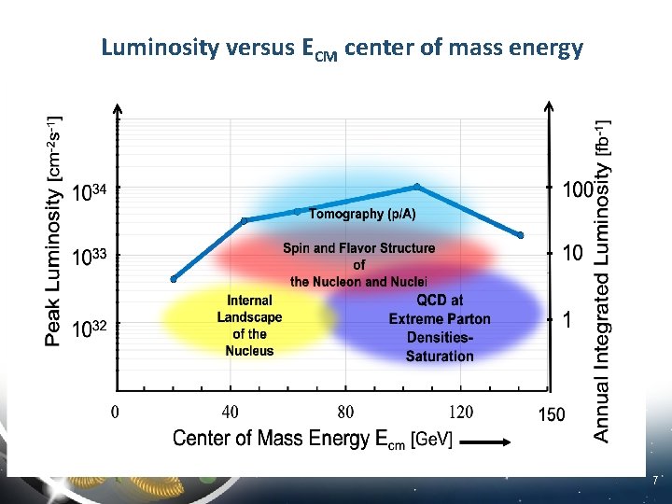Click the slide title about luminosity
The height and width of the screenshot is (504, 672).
click(x=342, y=48)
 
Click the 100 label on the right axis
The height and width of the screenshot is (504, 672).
click(x=578, y=190)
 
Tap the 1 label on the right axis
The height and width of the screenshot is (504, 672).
click(x=567, y=319)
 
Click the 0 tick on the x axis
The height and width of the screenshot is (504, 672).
click(x=115, y=412)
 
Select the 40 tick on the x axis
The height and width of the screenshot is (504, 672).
click(x=230, y=412)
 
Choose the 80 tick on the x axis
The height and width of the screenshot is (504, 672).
click(x=345, y=412)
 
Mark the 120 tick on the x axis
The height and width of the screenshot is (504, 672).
click(x=460, y=412)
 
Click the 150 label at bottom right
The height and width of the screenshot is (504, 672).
click(x=551, y=414)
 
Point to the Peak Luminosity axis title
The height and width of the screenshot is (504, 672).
click(x=55, y=230)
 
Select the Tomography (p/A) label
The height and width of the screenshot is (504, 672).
click(x=362, y=214)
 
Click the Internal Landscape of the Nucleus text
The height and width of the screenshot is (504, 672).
click(x=249, y=326)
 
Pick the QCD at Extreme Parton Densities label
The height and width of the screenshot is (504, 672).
click(x=440, y=328)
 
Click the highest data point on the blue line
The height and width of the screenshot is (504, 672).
click(x=417, y=187)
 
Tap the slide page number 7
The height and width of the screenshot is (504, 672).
click(x=656, y=481)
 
